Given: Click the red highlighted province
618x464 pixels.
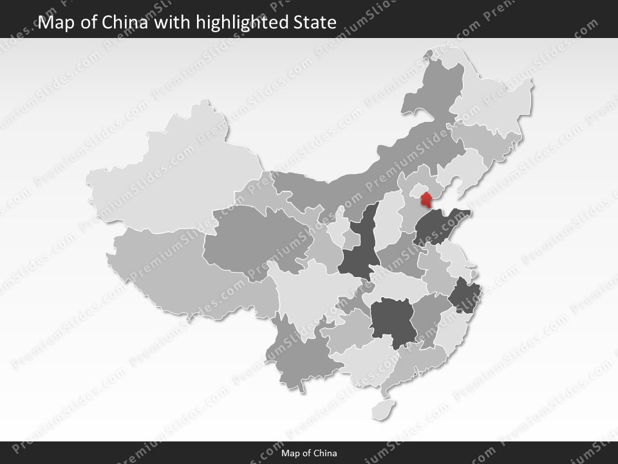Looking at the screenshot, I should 425,200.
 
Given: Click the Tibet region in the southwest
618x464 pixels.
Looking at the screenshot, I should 174,271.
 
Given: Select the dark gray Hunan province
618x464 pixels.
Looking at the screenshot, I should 393,320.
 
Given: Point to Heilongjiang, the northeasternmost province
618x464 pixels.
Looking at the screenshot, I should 492,97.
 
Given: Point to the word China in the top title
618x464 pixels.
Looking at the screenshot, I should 126,23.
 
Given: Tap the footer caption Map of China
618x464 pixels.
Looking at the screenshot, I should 309,453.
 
